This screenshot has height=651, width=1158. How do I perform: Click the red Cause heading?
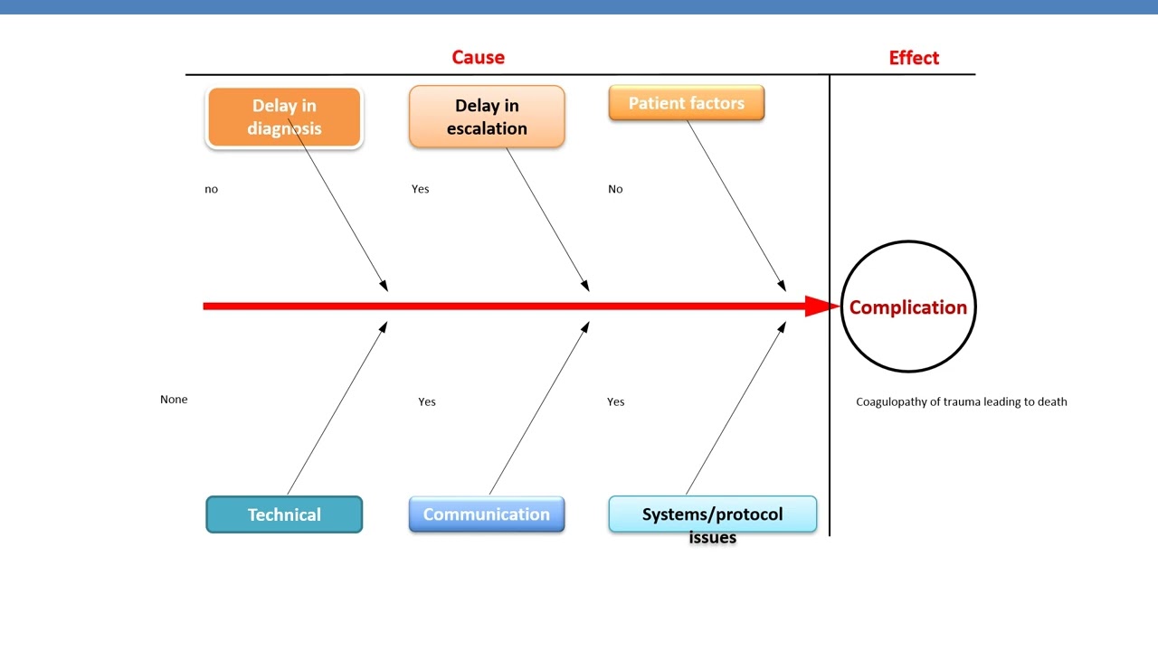pos(478,57)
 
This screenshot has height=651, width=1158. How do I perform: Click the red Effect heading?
pos(914,58)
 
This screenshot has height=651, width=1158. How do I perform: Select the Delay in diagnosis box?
pos(284,118)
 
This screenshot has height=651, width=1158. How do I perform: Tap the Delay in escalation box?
pos(487,118)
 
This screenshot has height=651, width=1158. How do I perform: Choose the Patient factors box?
pos(687,103)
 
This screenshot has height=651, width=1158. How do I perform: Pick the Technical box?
pos(284,514)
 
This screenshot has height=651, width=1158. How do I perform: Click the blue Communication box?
pos(487,514)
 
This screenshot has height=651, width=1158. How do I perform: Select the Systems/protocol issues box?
pos(712,514)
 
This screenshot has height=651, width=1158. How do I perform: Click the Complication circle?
pos(908,307)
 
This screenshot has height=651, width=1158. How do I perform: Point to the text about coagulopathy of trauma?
pos(962,401)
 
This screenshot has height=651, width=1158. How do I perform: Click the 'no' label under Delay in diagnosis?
pos(212,189)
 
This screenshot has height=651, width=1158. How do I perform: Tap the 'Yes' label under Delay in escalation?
pos(421,189)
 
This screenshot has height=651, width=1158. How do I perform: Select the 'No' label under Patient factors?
pos(615,189)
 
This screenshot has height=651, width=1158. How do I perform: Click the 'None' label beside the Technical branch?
pos(174,399)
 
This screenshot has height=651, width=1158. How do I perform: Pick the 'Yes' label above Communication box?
pos(427,401)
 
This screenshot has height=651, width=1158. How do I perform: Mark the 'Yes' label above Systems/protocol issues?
pos(616,401)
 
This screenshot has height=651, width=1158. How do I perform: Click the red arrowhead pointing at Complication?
pos(823,307)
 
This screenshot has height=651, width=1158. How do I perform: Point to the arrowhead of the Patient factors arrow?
pos(782,286)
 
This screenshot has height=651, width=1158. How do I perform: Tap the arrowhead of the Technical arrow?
pos(384,327)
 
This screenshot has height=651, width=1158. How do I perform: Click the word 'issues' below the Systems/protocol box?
pos(713,538)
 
